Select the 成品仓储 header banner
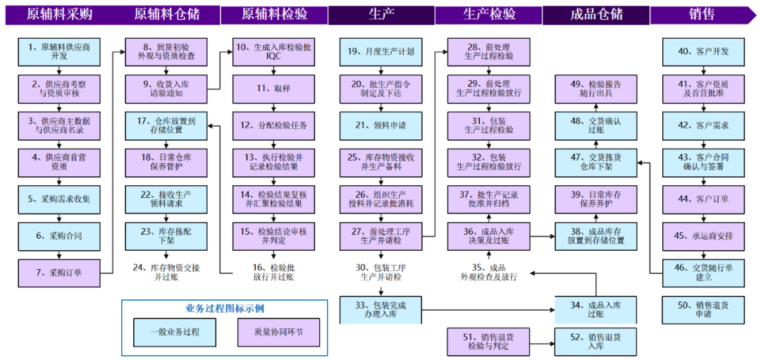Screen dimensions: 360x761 point(595,14)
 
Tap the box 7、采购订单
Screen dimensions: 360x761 point(59,272)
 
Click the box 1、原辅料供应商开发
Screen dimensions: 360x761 point(59,52)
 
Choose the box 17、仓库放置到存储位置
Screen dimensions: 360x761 point(167,125)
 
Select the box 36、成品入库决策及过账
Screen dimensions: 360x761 point(488,235)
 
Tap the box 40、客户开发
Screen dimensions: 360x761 point(703,52)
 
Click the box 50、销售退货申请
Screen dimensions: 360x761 point(703,309)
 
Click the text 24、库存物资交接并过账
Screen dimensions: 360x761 point(167,272)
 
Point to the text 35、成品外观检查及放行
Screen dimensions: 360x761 point(488,272)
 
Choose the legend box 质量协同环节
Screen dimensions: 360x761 point(279,331)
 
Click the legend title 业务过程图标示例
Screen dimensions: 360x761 point(224,308)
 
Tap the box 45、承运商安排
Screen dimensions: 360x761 point(703,235)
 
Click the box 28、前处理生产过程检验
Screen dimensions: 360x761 point(488,52)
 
